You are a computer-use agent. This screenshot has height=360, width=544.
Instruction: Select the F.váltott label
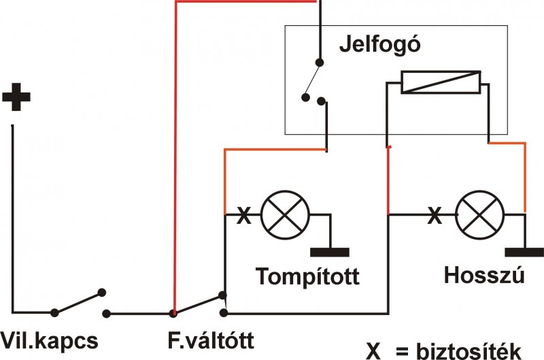point(210,340)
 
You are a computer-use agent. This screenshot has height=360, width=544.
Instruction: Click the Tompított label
point(307,277)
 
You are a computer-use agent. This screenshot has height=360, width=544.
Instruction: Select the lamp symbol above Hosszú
point(479,216)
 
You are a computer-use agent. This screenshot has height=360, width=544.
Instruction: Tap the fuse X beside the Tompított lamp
point(243,217)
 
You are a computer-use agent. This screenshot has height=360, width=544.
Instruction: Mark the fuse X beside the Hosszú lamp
point(433,217)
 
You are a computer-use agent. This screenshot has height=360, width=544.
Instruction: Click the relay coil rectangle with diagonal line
point(441,83)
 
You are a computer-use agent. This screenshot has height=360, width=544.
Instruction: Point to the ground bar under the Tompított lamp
point(329,252)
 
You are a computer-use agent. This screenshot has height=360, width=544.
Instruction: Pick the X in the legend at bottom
point(373,350)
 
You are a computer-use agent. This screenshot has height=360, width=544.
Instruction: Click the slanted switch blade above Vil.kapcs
point(78,303)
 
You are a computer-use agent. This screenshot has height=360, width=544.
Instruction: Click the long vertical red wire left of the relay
point(175,157)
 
